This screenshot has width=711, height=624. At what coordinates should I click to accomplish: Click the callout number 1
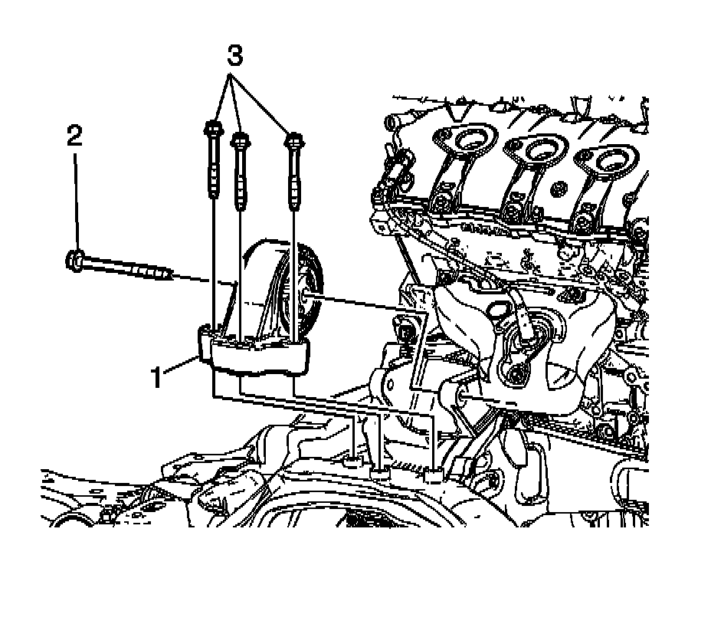point(156,378)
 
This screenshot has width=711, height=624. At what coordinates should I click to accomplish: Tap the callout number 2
point(75,136)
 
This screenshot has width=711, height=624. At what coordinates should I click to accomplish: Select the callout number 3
point(234,55)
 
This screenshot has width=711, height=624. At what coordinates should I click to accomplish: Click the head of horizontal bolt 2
point(75,260)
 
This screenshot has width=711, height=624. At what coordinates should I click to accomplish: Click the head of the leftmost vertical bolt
point(213,130)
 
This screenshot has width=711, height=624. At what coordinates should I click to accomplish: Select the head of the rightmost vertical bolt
point(294,140)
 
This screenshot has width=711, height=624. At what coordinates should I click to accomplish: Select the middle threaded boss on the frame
point(380,473)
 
